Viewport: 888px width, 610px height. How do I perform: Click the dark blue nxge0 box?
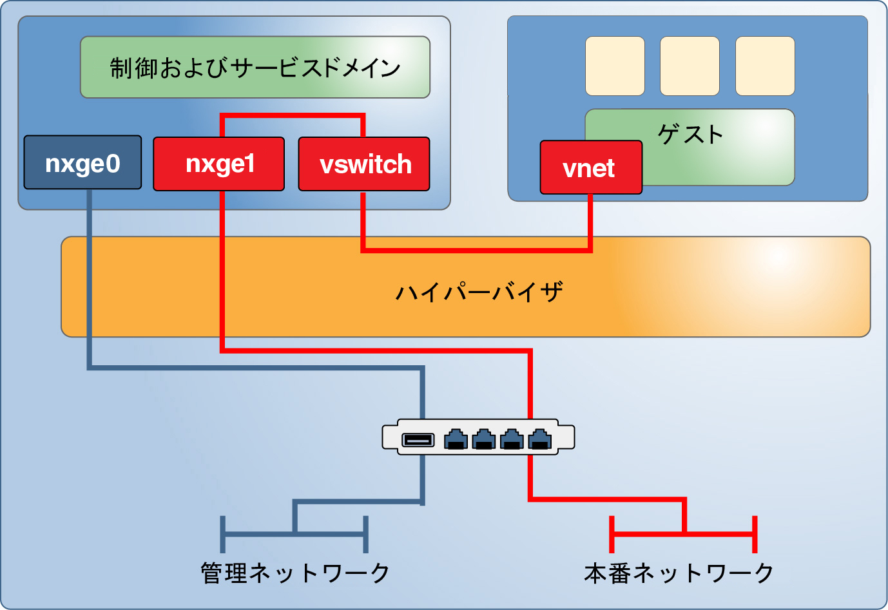click(82, 162)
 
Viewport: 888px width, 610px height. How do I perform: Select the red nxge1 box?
click(218, 164)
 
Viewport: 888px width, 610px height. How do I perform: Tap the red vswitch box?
click(364, 164)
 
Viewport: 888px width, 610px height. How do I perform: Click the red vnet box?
click(590, 167)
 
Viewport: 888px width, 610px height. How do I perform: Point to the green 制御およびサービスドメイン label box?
click(255, 67)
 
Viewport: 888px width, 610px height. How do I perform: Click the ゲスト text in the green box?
click(690, 134)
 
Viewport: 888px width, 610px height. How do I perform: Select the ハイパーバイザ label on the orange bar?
click(479, 292)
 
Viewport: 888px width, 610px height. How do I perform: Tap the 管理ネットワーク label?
click(295, 573)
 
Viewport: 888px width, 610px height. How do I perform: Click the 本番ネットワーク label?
click(679, 573)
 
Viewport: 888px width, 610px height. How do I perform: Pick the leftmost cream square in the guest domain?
click(615, 66)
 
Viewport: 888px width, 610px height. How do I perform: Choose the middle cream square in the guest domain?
click(690, 66)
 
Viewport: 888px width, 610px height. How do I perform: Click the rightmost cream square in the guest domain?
click(765, 66)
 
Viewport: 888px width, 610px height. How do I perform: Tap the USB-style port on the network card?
click(418, 440)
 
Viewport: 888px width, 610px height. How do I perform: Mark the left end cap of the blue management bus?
click(222, 534)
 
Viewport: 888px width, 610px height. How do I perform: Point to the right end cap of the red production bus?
click(755, 534)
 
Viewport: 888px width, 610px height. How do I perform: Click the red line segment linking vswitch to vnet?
click(477, 249)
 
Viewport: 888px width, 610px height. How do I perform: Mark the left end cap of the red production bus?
click(612, 534)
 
